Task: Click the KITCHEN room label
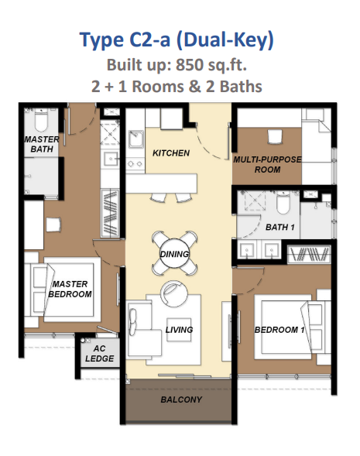[x=171, y=153]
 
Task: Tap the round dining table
[x=174, y=254]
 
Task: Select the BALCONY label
[x=181, y=399]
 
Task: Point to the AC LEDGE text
[x=99, y=353]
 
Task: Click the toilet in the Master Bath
[x=41, y=122]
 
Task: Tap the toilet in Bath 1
[x=283, y=202]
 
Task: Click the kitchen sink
[x=135, y=139]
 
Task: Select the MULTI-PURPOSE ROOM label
[x=267, y=164]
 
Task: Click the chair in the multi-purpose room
[x=275, y=137]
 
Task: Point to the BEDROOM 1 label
[x=279, y=330]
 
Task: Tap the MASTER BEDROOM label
[x=70, y=289]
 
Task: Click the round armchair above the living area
[x=173, y=293]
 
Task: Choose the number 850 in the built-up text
[x=190, y=64]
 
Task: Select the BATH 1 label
[x=279, y=227]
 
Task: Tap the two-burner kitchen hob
[x=135, y=163]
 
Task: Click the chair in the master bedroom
[x=53, y=225]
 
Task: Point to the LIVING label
[x=179, y=330]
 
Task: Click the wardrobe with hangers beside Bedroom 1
[x=309, y=255]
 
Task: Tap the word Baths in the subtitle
[x=241, y=87]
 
